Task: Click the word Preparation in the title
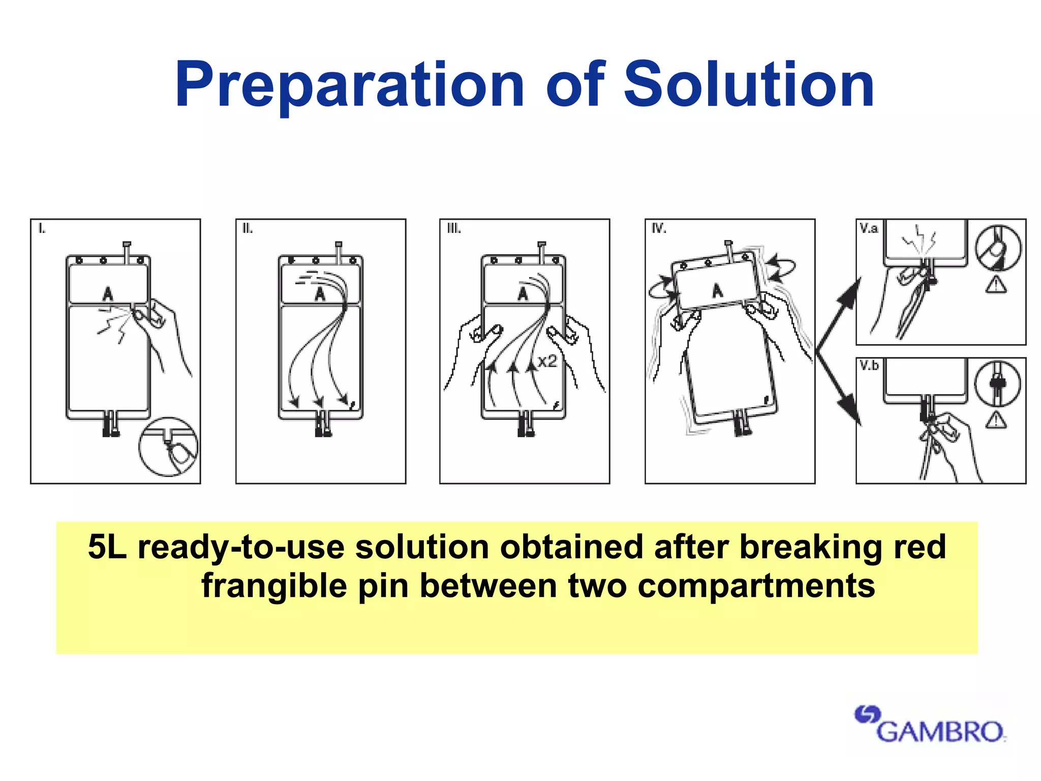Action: [349, 85]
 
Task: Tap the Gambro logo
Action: [930, 725]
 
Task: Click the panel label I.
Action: [42, 229]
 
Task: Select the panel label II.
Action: [248, 229]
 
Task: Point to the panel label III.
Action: [454, 229]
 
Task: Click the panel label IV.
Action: [659, 229]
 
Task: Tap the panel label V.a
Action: [869, 228]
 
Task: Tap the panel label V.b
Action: [869, 366]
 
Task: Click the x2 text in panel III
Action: [547, 362]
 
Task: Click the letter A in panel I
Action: [108, 293]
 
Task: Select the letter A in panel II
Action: [320, 293]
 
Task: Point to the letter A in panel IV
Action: [717, 290]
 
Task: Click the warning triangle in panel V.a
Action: [996, 285]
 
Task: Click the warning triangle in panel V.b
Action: [996, 420]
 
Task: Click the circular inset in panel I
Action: [168, 447]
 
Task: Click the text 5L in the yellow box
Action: [107, 548]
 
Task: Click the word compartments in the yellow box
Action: [756, 586]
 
